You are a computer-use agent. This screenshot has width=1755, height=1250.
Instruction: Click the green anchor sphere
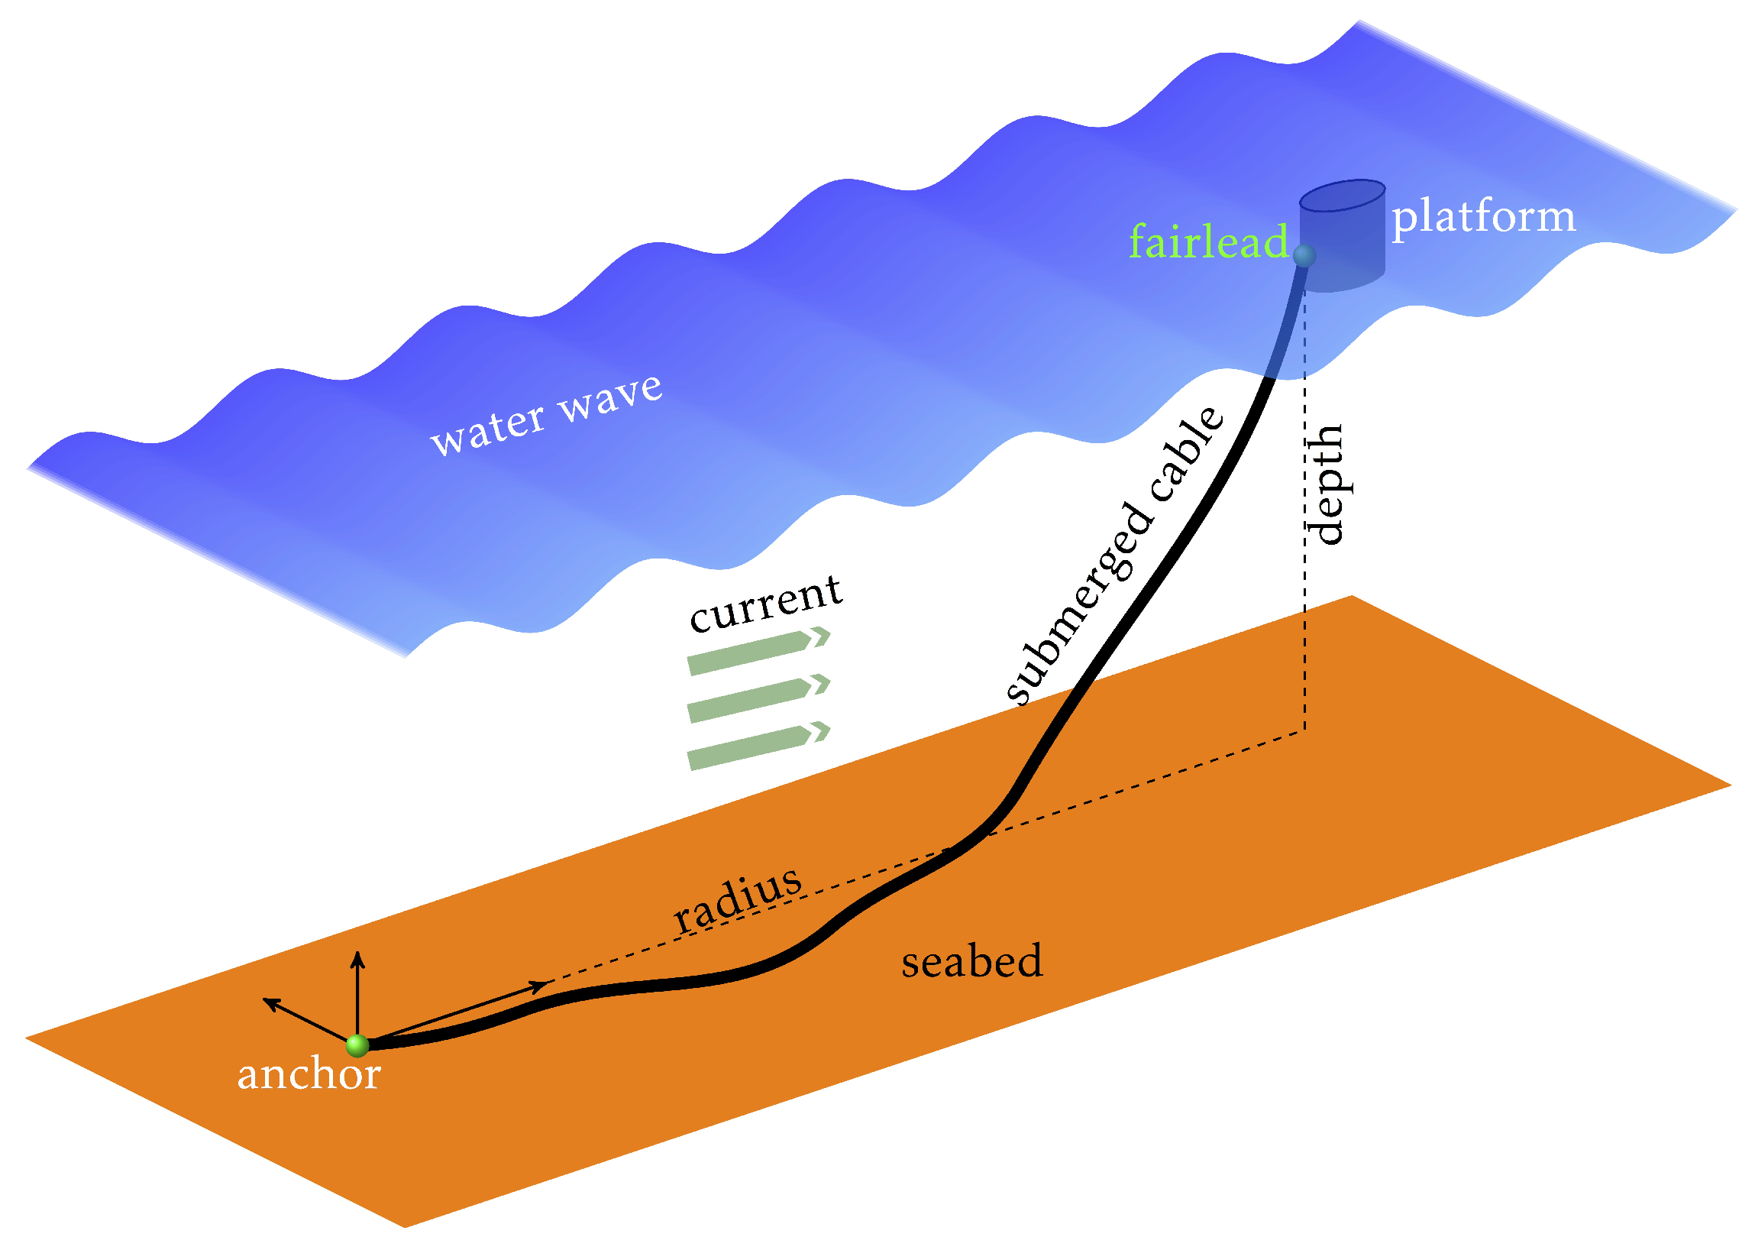[357, 1045]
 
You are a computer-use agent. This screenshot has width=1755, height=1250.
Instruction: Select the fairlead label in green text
[1207, 241]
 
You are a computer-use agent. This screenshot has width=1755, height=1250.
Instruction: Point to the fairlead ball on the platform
[1304, 255]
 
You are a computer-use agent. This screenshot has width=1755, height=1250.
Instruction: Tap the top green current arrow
[758, 651]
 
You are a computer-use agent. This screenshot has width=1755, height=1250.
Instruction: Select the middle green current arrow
[758, 698]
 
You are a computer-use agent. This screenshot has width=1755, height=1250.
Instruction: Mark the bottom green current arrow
[758, 746]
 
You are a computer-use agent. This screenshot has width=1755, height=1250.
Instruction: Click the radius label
[737, 898]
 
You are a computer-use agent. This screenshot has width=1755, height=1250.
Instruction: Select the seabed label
[971, 962]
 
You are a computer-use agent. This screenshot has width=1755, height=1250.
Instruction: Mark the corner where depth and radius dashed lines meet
[1304, 732]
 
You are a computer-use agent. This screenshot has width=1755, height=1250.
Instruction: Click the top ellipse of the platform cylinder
[1343, 196]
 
